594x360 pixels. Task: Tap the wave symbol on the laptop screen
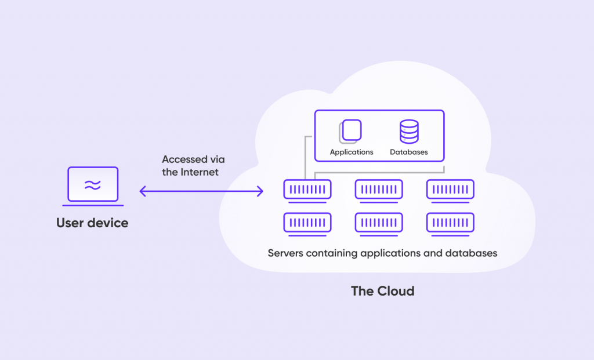[x=93, y=185]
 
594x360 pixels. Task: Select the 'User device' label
[x=92, y=223]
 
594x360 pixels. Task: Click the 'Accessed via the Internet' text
[x=193, y=166]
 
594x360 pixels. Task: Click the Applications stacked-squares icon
[x=350, y=131]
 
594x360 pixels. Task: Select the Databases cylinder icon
[x=409, y=132]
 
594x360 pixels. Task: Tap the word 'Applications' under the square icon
[x=352, y=152]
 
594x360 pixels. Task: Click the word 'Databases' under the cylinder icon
[x=409, y=152]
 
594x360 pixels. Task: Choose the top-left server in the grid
[x=307, y=190]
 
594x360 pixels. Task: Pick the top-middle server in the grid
[x=379, y=190]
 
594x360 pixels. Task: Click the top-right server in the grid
[x=450, y=190]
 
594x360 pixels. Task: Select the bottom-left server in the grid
[x=307, y=223]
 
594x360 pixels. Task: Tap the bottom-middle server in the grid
[x=379, y=223]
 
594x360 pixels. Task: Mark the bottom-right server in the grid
[x=450, y=223]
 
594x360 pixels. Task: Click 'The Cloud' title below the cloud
[x=383, y=291]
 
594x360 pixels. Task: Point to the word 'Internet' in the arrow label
[x=200, y=172]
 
